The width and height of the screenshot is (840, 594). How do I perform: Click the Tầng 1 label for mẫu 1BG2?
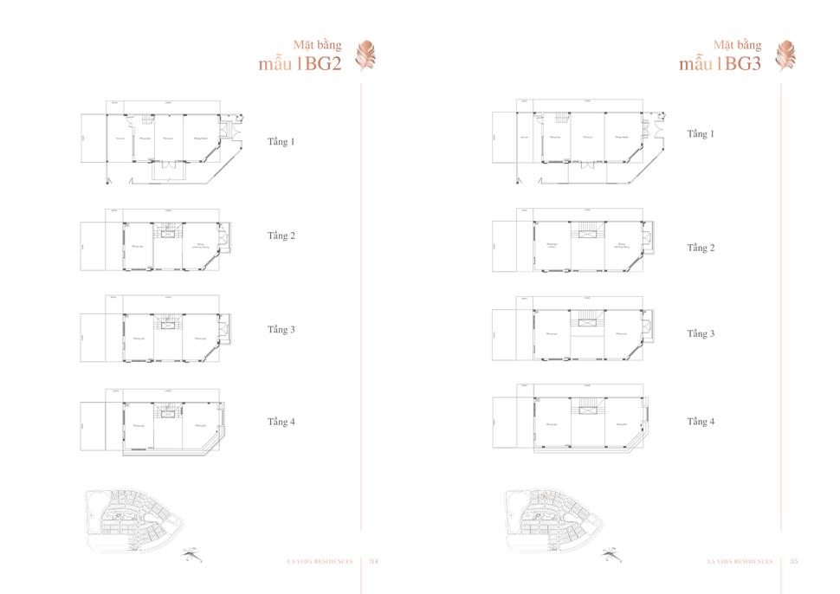[x=281, y=140]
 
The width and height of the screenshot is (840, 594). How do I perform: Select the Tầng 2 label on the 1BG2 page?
[x=281, y=236]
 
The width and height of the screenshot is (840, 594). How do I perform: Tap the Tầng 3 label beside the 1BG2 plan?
[x=281, y=330]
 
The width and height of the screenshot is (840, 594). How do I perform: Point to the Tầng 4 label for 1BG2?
[x=281, y=422]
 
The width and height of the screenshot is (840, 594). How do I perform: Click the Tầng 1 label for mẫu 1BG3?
[x=701, y=134]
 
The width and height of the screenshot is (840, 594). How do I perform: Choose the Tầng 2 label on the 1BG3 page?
[x=701, y=248]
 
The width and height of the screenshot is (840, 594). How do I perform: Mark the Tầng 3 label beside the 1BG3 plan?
[x=701, y=333]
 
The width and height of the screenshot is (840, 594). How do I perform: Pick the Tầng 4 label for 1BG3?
[x=701, y=422]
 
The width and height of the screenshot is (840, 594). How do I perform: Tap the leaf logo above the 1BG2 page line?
[x=367, y=57]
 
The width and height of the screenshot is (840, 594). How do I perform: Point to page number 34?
[x=375, y=560]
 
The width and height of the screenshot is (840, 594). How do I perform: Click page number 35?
[x=794, y=560]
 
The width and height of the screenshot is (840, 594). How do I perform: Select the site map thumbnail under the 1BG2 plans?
[x=135, y=516]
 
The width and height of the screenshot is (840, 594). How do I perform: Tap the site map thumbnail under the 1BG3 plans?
[x=555, y=516]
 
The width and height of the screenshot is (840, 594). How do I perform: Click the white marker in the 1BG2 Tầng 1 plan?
[x=132, y=122]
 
